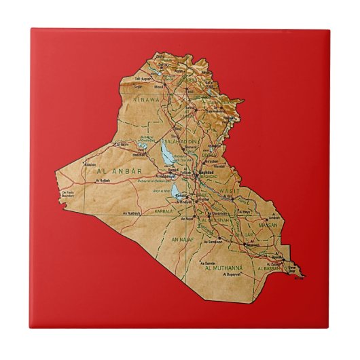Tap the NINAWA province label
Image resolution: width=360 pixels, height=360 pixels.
(146, 100)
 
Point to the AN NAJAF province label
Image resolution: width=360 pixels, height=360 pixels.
(183, 240)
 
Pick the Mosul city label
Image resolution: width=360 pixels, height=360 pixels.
(159, 86)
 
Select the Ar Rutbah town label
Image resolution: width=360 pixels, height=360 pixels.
(103, 181)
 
